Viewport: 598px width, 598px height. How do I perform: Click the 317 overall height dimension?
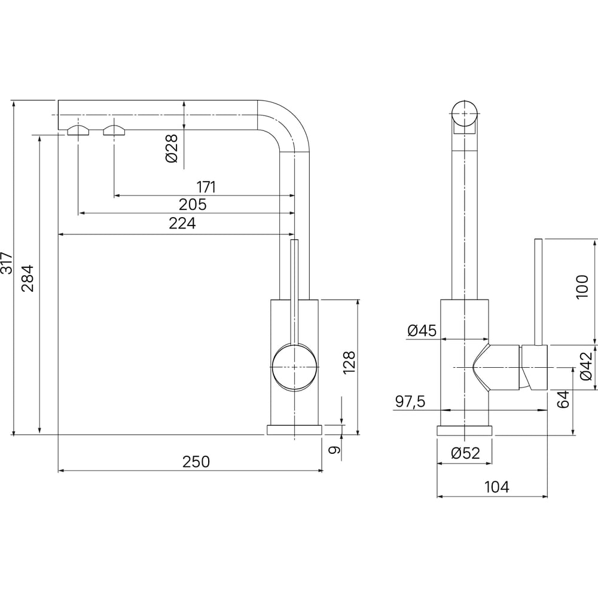click(x=7, y=263)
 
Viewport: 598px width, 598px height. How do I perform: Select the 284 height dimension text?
click(x=28, y=279)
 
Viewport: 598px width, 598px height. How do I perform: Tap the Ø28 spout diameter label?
click(x=172, y=148)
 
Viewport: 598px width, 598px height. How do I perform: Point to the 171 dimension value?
click(x=206, y=187)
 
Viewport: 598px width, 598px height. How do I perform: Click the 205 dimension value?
click(x=193, y=205)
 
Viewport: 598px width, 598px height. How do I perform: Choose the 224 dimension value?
click(x=182, y=223)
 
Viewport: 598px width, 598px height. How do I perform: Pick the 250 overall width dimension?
click(x=196, y=462)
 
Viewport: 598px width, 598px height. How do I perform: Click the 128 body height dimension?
click(x=349, y=363)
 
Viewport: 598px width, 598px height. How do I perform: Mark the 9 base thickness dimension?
click(x=334, y=450)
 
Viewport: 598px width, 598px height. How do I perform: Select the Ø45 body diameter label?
click(x=422, y=330)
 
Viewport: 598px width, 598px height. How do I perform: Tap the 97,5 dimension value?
click(x=410, y=402)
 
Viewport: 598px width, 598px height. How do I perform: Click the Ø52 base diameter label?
click(x=465, y=453)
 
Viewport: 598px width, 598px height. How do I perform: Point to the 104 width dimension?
click(x=497, y=487)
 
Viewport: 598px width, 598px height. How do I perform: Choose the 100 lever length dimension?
click(x=582, y=287)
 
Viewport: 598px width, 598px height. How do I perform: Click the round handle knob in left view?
click(x=294, y=367)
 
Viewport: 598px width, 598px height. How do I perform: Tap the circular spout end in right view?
click(x=464, y=114)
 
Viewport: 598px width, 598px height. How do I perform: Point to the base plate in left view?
click(x=294, y=430)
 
